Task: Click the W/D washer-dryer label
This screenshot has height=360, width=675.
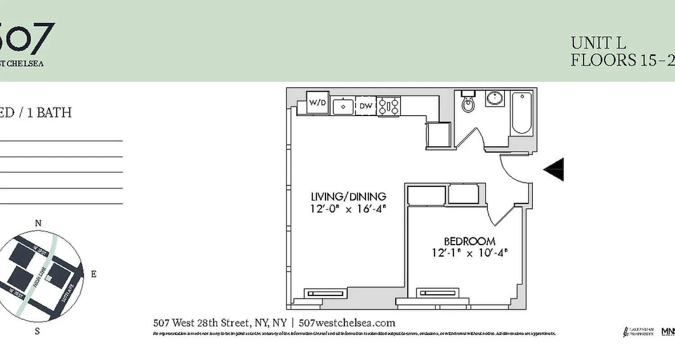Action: point(318,103)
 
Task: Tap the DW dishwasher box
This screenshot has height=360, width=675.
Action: point(365,106)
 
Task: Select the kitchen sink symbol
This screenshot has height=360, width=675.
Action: point(343,106)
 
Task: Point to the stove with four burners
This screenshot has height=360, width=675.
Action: point(388,106)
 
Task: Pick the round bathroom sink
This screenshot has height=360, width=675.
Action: point(495,98)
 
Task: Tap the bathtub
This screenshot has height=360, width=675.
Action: point(522,112)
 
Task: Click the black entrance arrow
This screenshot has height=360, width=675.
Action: point(554,170)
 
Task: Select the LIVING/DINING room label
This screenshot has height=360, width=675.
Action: point(349,197)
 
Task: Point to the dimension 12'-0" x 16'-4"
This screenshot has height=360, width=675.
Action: point(349,209)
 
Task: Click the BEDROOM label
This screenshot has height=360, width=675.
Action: point(470,242)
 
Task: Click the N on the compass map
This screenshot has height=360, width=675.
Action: point(38,224)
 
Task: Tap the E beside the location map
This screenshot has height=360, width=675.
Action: point(94,274)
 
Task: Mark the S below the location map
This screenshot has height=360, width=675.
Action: point(37,332)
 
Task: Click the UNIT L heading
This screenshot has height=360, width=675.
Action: point(598,43)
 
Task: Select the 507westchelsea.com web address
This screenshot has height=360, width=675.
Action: point(347,323)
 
